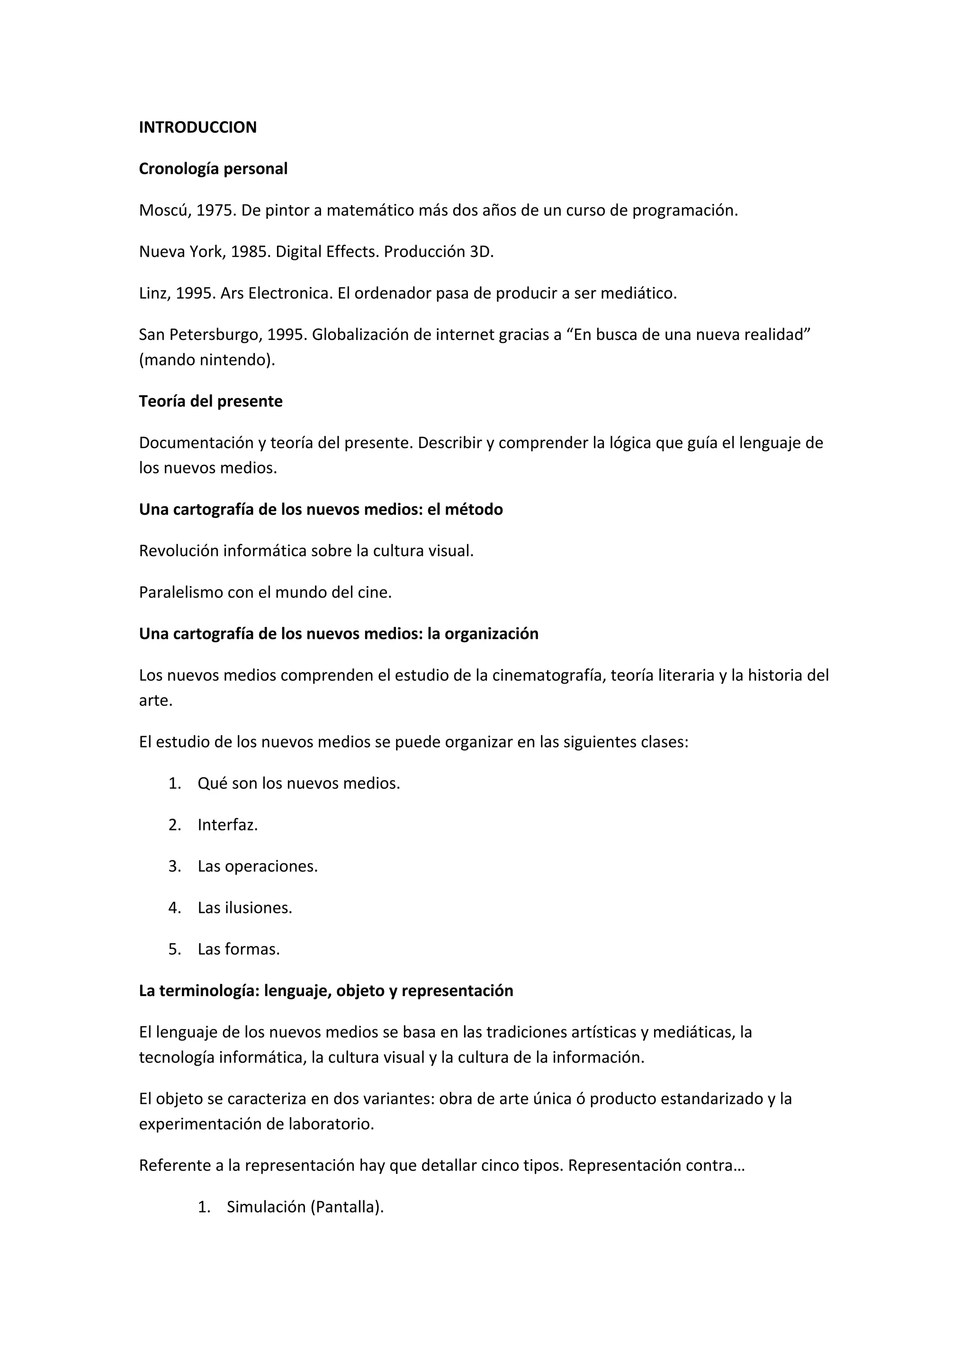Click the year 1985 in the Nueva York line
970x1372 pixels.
(x=250, y=251)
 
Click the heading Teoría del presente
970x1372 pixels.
(x=210, y=401)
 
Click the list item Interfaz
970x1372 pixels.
(x=227, y=825)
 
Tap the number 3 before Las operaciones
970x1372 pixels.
(x=174, y=866)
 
